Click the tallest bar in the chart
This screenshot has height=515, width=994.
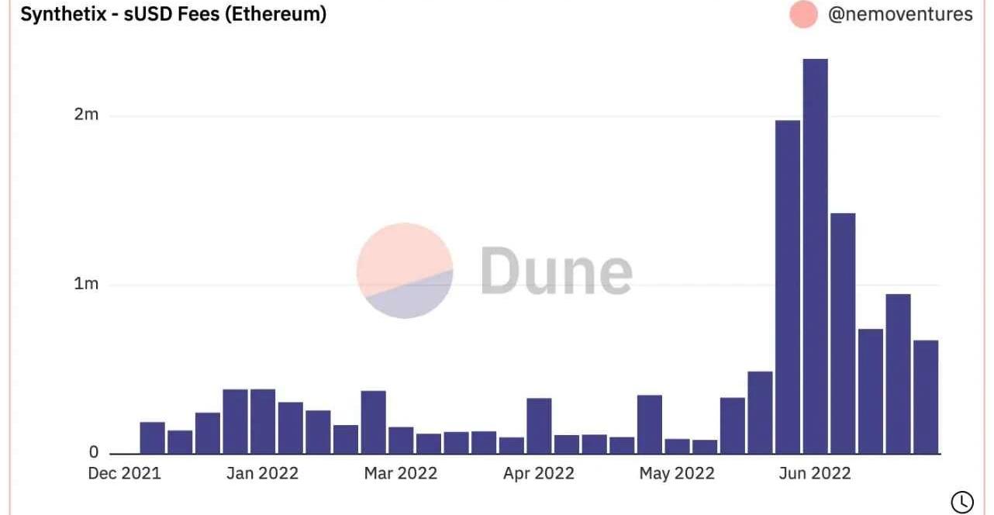(815, 256)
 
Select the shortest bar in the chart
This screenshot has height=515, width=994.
(705, 446)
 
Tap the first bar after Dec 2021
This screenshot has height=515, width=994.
(153, 437)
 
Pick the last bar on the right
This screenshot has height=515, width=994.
(926, 396)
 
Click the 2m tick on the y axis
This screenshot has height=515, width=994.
(86, 116)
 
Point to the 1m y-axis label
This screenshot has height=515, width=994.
(86, 285)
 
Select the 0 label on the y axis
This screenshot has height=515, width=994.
(93, 452)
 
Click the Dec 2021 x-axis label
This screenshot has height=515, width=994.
(125, 473)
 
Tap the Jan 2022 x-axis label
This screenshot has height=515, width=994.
(262, 473)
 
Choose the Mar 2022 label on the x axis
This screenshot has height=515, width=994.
(401, 473)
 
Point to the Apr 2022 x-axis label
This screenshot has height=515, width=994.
(538, 473)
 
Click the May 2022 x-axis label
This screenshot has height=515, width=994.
(677, 473)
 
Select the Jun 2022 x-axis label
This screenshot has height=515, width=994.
(814, 473)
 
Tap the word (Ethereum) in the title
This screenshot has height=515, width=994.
(275, 14)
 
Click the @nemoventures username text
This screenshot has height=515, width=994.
(900, 14)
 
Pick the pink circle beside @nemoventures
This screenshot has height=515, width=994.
(803, 15)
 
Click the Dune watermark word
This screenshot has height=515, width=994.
(556, 271)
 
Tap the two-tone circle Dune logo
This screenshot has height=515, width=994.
(405, 271)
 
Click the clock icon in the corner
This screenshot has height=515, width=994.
(961, 502)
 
